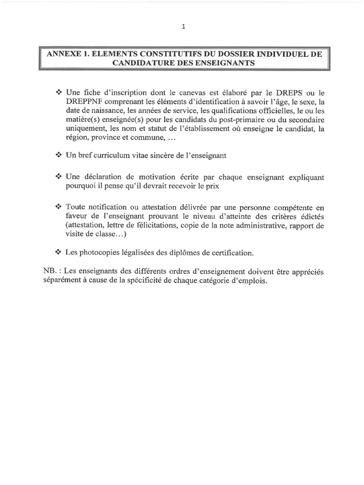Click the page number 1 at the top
coord(183,27)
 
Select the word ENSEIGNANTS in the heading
coord(227,63)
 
